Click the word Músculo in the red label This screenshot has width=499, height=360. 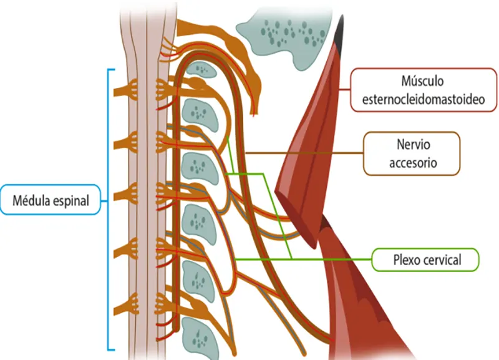point(422,81)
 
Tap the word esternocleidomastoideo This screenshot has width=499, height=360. point(424,99)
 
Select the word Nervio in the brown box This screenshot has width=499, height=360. point(413,145)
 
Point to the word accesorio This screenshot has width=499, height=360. point(413,163)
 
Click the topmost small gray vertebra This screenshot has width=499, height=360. point(201,69)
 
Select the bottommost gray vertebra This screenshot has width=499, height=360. point(200,339)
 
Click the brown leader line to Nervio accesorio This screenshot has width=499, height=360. point(304,153)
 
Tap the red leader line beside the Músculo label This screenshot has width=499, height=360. point(345,90)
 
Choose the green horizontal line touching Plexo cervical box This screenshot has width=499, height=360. point(303,259)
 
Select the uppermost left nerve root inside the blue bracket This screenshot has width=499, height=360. point(126,90)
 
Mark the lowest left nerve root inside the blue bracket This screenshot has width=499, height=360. point(126,305)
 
